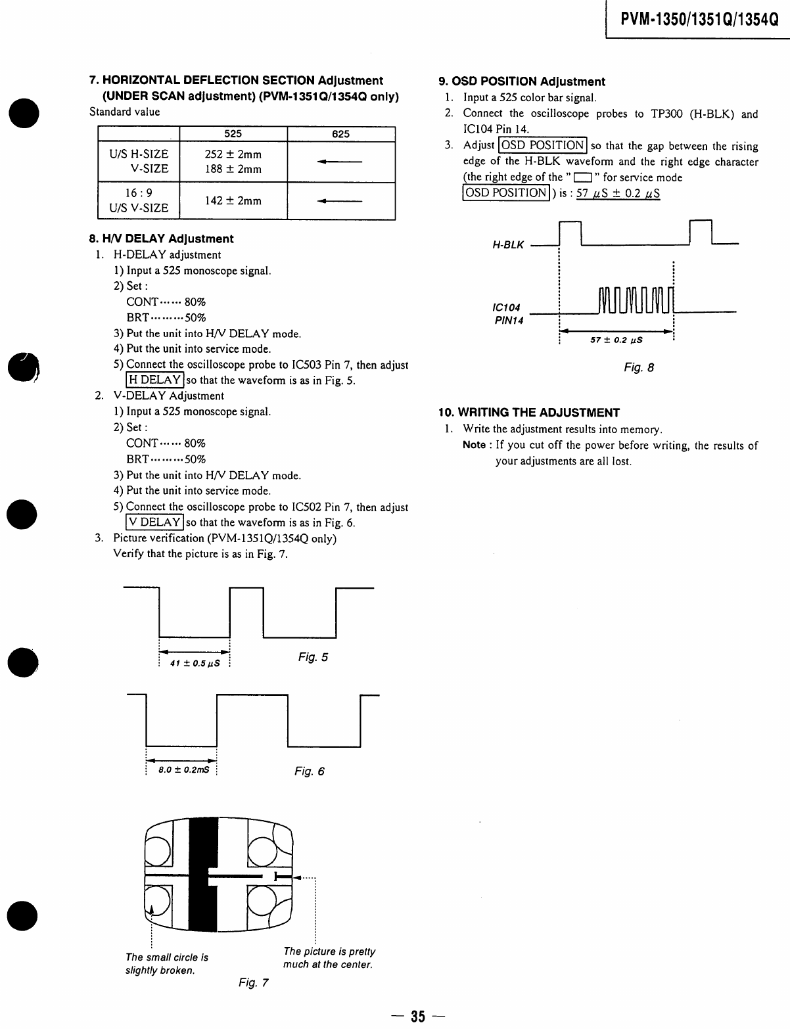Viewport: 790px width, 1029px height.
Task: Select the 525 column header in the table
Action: coord(233,133)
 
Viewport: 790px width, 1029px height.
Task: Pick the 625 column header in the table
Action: coord(340,133)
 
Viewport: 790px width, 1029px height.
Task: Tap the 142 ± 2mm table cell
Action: coord(233,200)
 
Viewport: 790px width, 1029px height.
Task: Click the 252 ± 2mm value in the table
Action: coord(233,154)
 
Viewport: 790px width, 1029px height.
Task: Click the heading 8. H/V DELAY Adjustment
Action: coord(161,239)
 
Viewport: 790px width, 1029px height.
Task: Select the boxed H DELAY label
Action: coord(154,380)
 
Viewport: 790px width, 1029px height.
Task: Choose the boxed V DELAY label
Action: coord(154,522)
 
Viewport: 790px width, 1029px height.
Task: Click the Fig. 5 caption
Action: coord(313,657)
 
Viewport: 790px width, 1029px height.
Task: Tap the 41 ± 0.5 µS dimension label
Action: coord(194,663)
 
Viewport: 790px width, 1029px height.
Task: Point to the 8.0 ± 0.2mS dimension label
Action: coord(183,769)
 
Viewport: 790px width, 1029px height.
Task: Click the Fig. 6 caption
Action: coord(309,771)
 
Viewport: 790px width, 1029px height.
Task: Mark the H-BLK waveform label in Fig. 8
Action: coord(508,245)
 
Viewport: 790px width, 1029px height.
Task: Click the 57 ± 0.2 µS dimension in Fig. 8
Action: coord(616,340)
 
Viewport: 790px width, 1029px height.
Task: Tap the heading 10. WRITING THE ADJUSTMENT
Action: coord(529,413)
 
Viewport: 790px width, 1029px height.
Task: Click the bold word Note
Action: coord(474,446)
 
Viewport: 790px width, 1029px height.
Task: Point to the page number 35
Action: coord(418,1017)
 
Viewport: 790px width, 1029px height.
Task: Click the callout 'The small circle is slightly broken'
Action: coord(167,964)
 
